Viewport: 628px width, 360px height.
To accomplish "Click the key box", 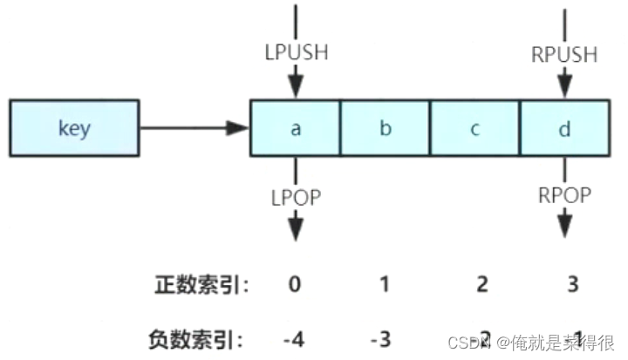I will pos(74,129).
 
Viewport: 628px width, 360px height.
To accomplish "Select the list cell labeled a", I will pos(295,129).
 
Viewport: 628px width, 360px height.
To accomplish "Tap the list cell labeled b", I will pos(385,129).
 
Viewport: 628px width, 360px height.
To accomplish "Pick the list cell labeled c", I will pos(474,129).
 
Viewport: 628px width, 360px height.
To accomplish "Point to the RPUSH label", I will pos(563,54).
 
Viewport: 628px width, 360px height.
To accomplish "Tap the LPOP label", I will pos(295,198).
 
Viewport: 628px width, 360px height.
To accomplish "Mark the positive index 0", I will pos(295,283).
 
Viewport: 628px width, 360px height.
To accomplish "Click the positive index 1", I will pos(385,283).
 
